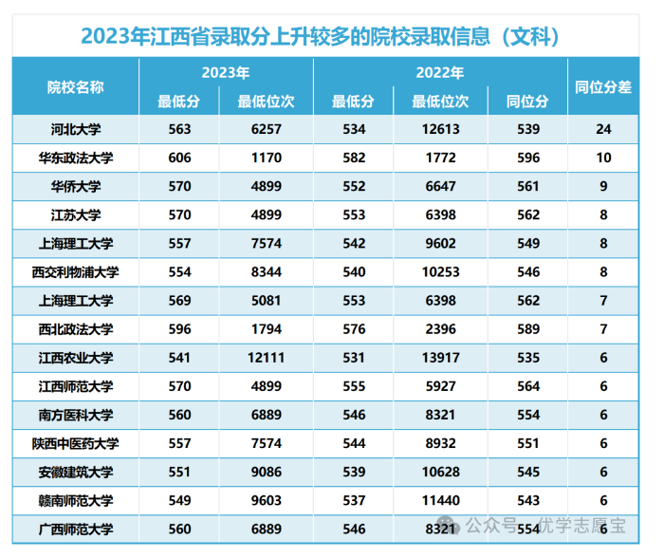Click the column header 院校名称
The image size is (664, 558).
pyautogui.click(x=75, y=87)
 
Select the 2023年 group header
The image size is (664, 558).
pyautogui.click(x=226, y=72)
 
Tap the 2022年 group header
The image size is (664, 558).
pyautogui.click(x=440, y=72)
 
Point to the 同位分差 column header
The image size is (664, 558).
pyautogui.click(x=603, y=87)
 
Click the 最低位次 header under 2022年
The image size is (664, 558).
pyautogui.click(x=440, y=102)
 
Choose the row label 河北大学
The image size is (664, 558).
pyautogui.click(x=76, y=129)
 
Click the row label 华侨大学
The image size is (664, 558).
pyautogui.click(x=76, y=186)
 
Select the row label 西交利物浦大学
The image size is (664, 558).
pyautogui.click(x=75, y=272)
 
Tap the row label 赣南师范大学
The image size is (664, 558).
pyautogui.click(x=75, y=500)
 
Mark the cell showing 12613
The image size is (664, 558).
pyautogui.click(x=440, y=129)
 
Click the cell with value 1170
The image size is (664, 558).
pyautogui.click(x=266, y=158)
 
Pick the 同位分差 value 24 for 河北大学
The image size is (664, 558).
pyautogui.click(x=603, y=129)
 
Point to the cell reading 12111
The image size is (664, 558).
pyautogui.click(x=266, y=358)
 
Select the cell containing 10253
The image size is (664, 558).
pyautogui.click(x=440, y=272)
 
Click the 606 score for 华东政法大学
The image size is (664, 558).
pyautogui.click(x=179, y=158)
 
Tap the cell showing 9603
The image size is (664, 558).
pyautogui.click(x=266, y=500)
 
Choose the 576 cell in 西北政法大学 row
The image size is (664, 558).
pyautogui.click(x=354, y=329)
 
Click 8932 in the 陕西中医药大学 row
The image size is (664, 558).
pyautogui.click(x=440, y=443)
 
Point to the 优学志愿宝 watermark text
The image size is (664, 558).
pyautogui.click(x=582, y=526)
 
